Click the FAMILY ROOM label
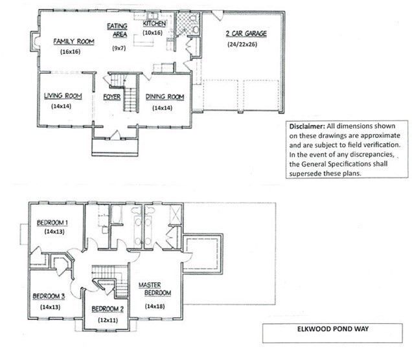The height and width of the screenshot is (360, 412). point(74,41)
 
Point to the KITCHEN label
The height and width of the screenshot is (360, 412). point(155,23)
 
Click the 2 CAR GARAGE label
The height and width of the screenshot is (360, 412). point(246,34)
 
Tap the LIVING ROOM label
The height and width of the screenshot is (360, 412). point(63,96)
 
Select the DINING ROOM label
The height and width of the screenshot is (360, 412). point(165,97)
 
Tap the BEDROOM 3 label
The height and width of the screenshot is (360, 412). point(49,296)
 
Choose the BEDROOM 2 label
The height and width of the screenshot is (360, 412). point(108,308)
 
